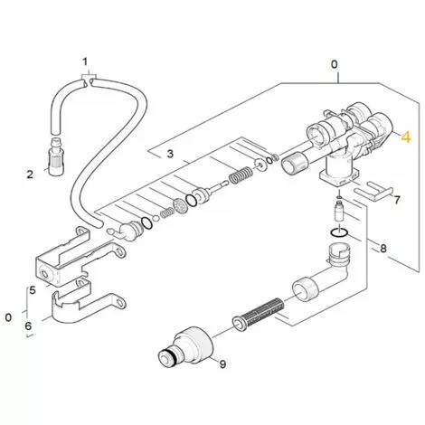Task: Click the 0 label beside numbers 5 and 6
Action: tap(8, 317)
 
